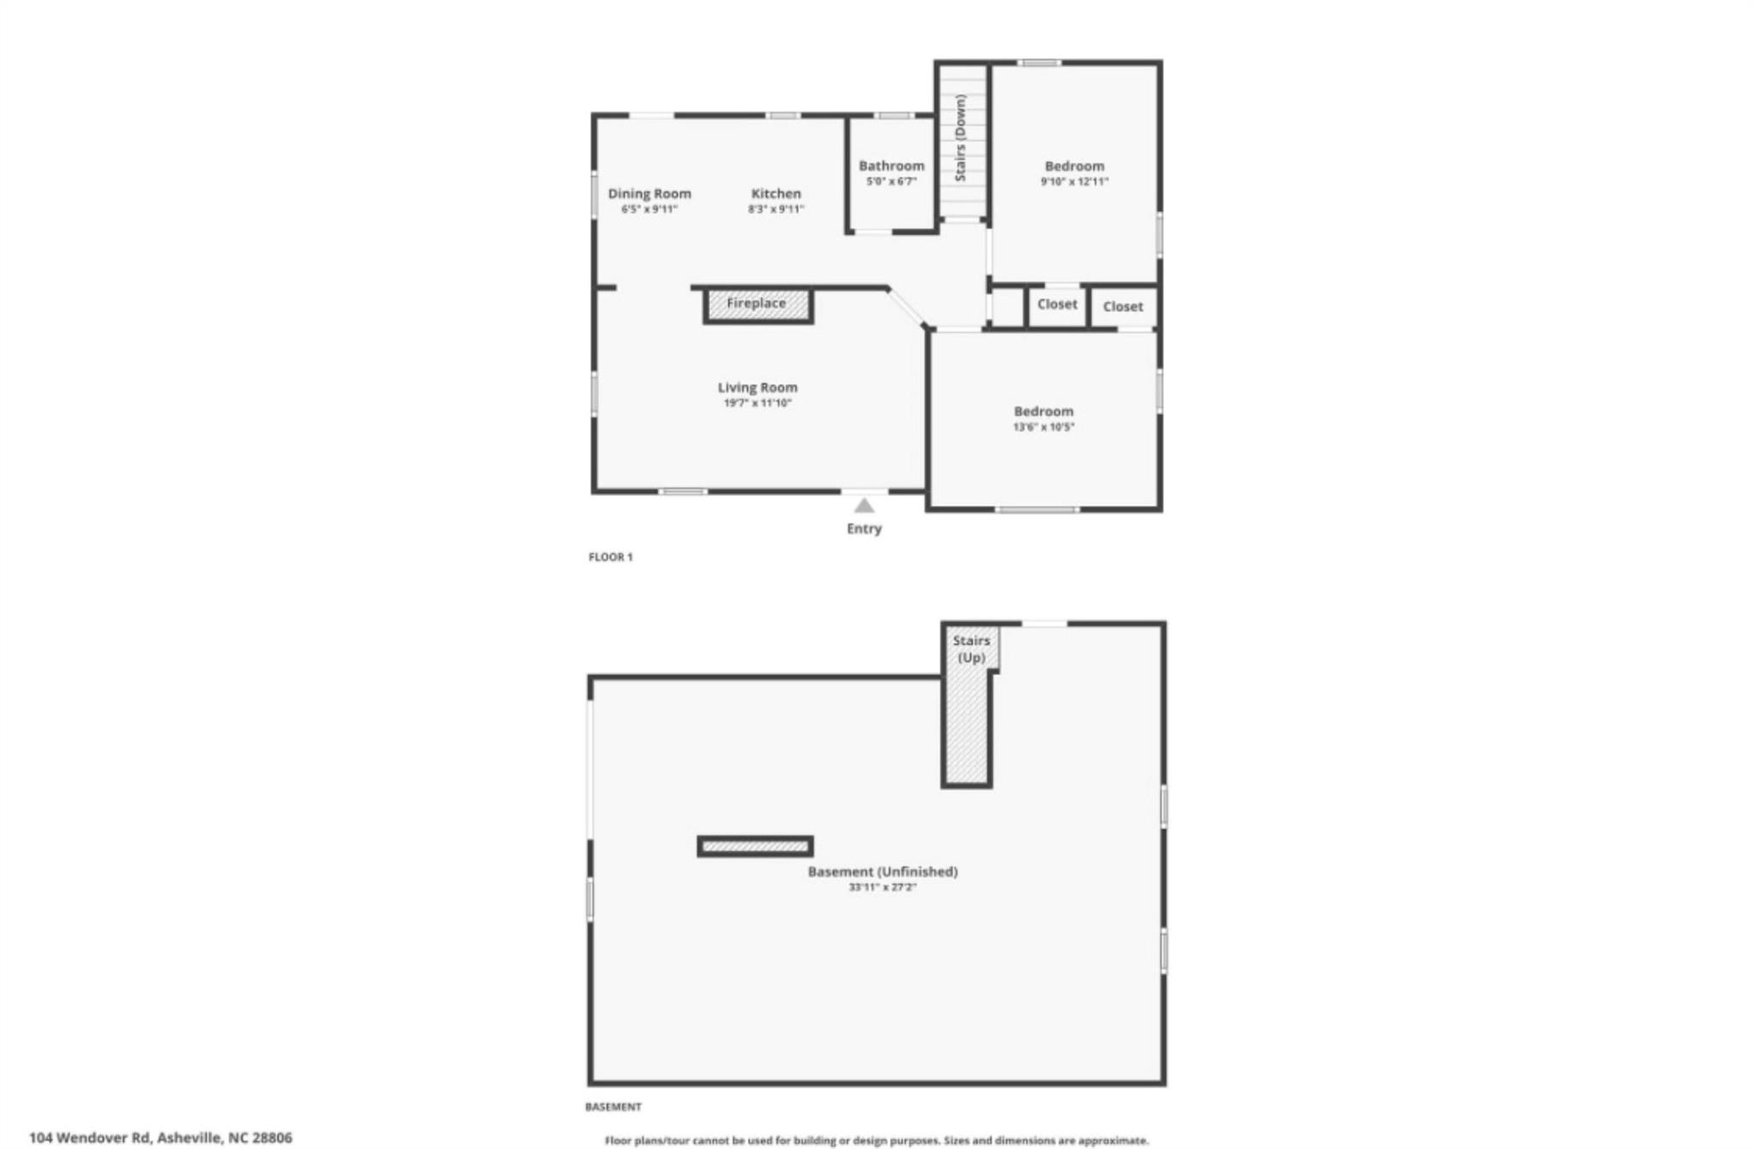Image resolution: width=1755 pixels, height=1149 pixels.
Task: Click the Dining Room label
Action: [x=650, y=194]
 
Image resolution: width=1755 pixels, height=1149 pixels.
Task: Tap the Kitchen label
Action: [x=776, y=194]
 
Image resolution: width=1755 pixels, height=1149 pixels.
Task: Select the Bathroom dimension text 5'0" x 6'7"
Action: [x=891, y=182]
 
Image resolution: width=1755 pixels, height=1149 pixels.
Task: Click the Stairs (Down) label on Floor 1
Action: [x=961, y=138]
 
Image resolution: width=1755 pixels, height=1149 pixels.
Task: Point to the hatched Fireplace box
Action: [x=758, y=306]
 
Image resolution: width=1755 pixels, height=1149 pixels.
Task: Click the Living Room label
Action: [x=758, y=387]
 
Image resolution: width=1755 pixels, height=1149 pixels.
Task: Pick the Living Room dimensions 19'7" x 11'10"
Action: [x=758, y=403]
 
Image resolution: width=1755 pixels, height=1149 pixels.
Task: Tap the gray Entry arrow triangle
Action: [x=864, y=506]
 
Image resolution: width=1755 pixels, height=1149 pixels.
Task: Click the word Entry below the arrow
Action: [x=864, y=529]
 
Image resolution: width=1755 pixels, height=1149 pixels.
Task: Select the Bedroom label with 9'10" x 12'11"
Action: [x=1075, y=166]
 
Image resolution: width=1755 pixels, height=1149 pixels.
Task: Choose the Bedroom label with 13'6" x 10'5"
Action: [x=1044, y=411]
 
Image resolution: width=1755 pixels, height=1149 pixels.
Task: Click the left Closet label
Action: [x=1057, y=304]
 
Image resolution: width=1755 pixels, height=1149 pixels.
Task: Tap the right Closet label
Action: [x=1123, y=307]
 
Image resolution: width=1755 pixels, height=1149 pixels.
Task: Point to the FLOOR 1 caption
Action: [x=610, y=557]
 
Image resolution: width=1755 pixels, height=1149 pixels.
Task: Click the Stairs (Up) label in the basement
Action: [x=971, y=649]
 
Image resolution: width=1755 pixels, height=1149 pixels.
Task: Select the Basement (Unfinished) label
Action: [x=883, y=871]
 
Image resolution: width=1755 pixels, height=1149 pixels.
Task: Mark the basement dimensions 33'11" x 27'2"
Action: [x=883, y=888]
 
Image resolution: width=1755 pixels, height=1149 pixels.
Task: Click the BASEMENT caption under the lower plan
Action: [x=613, y=1107]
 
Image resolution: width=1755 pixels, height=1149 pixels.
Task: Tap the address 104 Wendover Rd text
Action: [x=92, y=1138]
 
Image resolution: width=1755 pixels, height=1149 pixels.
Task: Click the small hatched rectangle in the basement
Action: [x=755, y=847]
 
